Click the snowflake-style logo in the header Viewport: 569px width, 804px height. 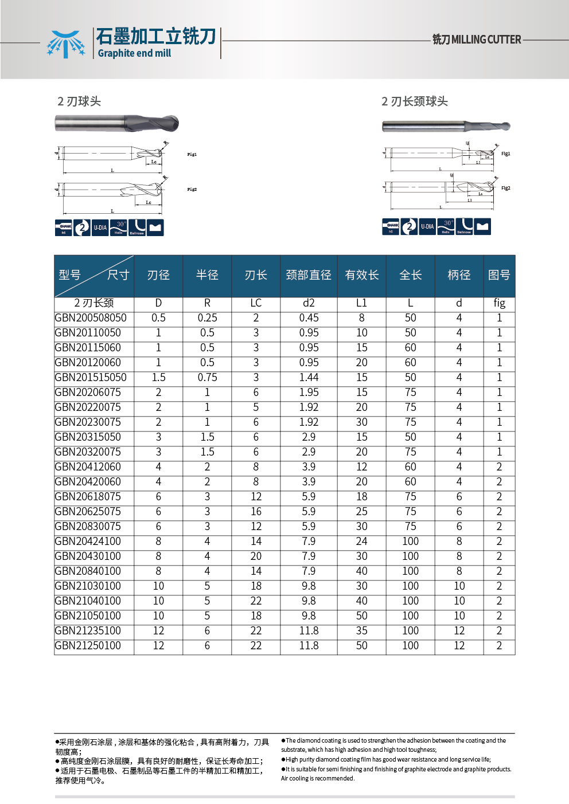point(65,44)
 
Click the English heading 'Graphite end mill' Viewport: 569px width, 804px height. point(134,53)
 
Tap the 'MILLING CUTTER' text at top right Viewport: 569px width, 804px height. point(486,40)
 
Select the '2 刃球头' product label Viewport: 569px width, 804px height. point(79,101)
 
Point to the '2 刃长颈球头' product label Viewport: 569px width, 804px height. point(415,101)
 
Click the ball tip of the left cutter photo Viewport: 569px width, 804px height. point(173,123)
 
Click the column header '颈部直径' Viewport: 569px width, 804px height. point(309,275)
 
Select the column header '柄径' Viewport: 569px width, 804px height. point(459,275)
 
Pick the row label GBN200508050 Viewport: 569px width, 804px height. point(91,318)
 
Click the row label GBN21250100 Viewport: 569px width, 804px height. point(88,646)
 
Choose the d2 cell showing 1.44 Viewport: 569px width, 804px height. point(309,378)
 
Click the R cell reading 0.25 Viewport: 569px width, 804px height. point(207,318)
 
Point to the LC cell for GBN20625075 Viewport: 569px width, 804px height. point(256,512)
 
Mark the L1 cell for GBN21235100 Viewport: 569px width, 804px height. point(361,631)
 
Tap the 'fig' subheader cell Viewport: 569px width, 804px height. point(499,303)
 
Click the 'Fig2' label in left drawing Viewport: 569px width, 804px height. point(192,189)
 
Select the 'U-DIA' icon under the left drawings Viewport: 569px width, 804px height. point(100,228)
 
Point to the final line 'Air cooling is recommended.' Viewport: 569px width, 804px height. point(318,778)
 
